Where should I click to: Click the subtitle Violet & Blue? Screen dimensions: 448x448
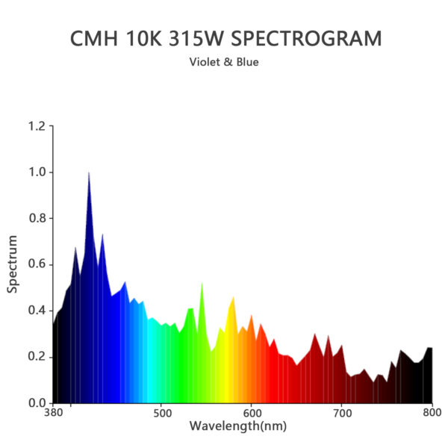click(225, 62)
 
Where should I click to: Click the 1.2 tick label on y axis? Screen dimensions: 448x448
click(37, 126)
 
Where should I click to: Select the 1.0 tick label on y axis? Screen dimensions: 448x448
click(37, 172)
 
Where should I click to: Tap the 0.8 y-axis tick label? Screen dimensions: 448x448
click(37, 219)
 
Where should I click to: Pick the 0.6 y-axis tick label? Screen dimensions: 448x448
click(37, 264)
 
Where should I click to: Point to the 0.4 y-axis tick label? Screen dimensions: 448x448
click(37, 311)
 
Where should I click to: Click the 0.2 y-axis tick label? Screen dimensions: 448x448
click(37, 357)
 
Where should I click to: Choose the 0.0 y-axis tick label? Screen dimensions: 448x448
click(37, 403)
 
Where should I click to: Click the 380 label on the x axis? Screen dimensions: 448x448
click(53, 413)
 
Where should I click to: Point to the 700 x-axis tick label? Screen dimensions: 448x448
click(342, 413)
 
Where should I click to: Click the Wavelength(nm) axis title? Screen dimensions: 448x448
click(237, 426)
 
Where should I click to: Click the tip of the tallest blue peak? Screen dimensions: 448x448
click(89, 172)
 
